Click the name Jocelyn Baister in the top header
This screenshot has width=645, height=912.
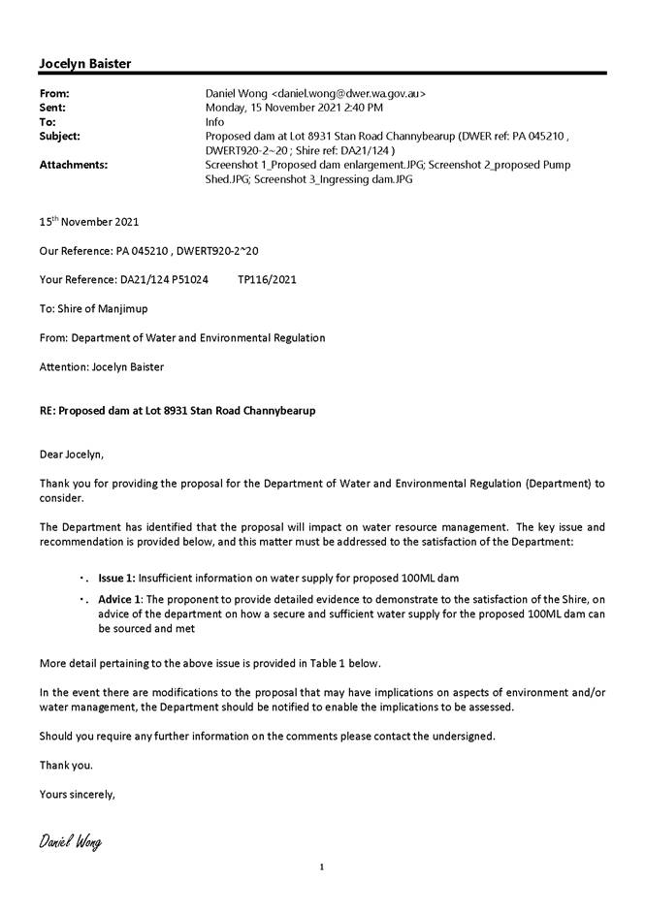[84, 64]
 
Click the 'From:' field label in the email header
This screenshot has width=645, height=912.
[54, 94]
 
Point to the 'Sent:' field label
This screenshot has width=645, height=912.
[52, 109]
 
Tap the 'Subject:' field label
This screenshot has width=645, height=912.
[60, 137]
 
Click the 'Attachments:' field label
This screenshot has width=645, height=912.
[73, 165]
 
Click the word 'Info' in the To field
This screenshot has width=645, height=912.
[215, 123]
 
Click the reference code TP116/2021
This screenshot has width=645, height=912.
[267, 280]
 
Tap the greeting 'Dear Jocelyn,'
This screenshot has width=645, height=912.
[71, 454]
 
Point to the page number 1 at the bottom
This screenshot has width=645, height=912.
[322, 867]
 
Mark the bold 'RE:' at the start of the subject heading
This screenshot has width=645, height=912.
[47, 411]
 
